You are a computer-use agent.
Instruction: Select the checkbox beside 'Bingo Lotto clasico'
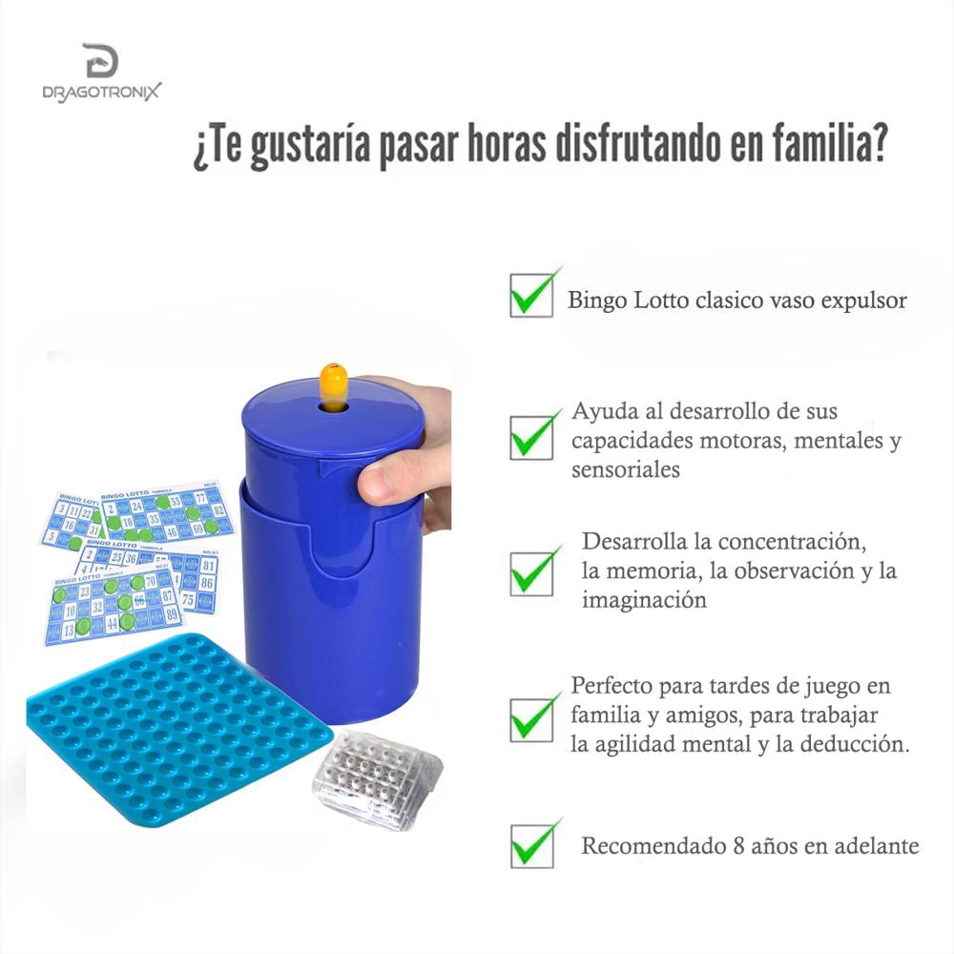pos(530,295)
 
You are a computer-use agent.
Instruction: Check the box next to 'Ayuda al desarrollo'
pos(530,437)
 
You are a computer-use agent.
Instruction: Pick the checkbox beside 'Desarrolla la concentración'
pos(530,572)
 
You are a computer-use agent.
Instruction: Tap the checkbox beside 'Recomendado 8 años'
pos(530,844)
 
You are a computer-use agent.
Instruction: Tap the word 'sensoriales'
pos(625,469)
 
